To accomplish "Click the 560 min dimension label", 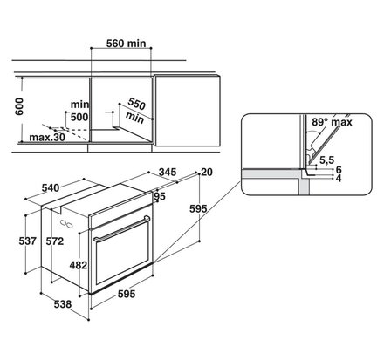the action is click(x=126, y=44).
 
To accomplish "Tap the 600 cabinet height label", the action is click(x=19, y=106).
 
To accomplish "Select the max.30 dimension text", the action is click(x=47, y=138).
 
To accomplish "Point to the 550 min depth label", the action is click(x=135, y=111).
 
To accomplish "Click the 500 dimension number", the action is click(x=79, y=117).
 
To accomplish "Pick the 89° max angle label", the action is click(x=332, y=122).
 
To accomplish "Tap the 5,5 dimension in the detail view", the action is click(x=327, y=160).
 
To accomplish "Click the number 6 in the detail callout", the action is click(x=339, y=169).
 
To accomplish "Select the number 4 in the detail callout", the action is click(x=339, y=178).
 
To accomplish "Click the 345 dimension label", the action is click(x=168, y=172).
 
